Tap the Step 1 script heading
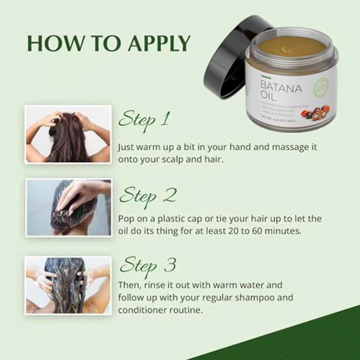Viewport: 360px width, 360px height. pyautogui.click(x=144, y=120)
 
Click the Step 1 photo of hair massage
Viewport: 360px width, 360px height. pyautogui.click(x=68, y=134)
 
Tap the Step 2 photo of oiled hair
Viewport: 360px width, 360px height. pyautogui.click(x=68, y=207)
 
